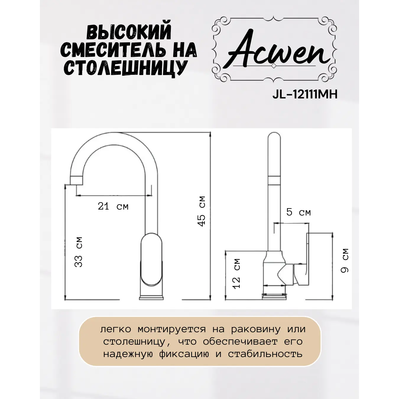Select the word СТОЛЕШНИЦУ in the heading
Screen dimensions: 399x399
coord(126,68)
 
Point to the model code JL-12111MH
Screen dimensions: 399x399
coord(305,94)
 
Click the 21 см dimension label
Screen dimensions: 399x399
coord(113,206)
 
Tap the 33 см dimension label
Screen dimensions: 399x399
coord(79,252)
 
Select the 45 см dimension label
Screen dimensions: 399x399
coord(202,211)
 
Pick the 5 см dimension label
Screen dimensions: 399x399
coord(298,212)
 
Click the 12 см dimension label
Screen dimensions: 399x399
coord(236,274)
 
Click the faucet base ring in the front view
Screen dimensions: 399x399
coord(151,297)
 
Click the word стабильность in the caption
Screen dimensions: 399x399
coord(265,354)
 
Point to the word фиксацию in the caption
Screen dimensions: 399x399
coord(184,354)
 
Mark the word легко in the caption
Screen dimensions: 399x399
coord(116,329)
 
